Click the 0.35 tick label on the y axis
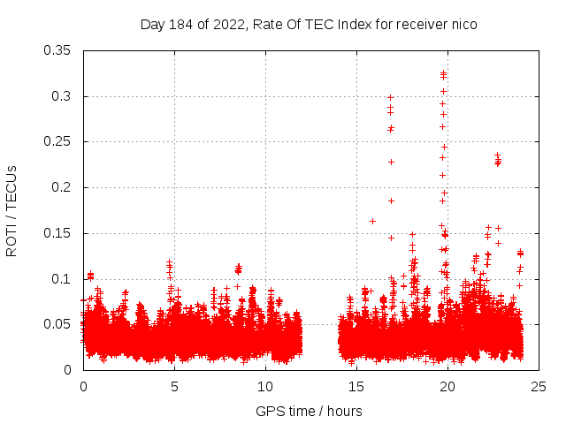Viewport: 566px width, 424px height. click(58, 49)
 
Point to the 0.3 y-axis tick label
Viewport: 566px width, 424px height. click(62, 95)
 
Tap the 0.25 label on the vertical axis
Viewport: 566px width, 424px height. click(58, 141)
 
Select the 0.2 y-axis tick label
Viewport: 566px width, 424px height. click(62, 187)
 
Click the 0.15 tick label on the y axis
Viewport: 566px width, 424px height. click(58, 233)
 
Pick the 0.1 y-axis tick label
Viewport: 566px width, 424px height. click(62, 279)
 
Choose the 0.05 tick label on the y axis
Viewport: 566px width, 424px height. click(58, 324)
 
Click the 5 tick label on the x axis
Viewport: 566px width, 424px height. click(174, 386)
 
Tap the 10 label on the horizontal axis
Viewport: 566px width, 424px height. click(265, 386)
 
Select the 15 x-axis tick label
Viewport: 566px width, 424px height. click(356, 386)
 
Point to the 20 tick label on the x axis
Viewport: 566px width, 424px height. click(447, 386)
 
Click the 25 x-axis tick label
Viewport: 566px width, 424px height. click(539, 386)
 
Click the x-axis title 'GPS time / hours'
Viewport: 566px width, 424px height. click(309, 411)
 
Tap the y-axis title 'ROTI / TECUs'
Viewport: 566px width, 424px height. click(11, 210)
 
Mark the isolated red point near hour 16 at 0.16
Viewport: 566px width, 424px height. click(372, 221)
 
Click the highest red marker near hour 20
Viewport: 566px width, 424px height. click(443, 73)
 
